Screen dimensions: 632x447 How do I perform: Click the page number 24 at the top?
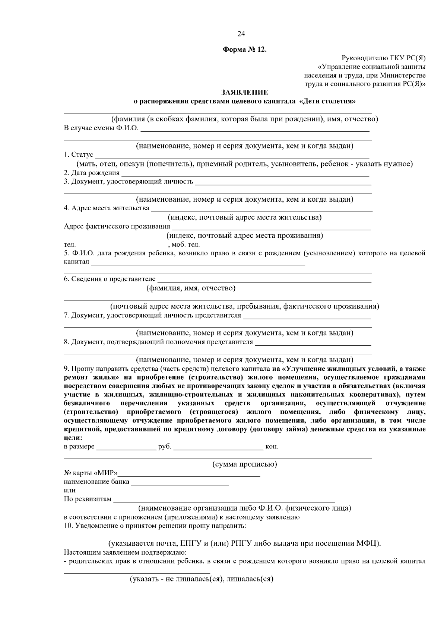(x=241, y=34)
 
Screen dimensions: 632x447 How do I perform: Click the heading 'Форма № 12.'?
(x=245, y=50)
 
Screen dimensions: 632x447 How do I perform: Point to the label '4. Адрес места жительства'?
(x=107, y=208)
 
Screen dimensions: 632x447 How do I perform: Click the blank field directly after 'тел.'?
(x=122, y=246)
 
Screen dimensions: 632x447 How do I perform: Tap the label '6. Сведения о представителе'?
(x=110, y=279)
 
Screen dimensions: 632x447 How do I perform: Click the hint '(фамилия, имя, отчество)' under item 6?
(x=191, y=288)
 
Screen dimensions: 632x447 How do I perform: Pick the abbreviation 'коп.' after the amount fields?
(x=272, y=447)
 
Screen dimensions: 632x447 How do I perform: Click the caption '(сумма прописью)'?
(x=244, y=465)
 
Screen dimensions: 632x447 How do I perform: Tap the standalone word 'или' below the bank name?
(x=70, y=491)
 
